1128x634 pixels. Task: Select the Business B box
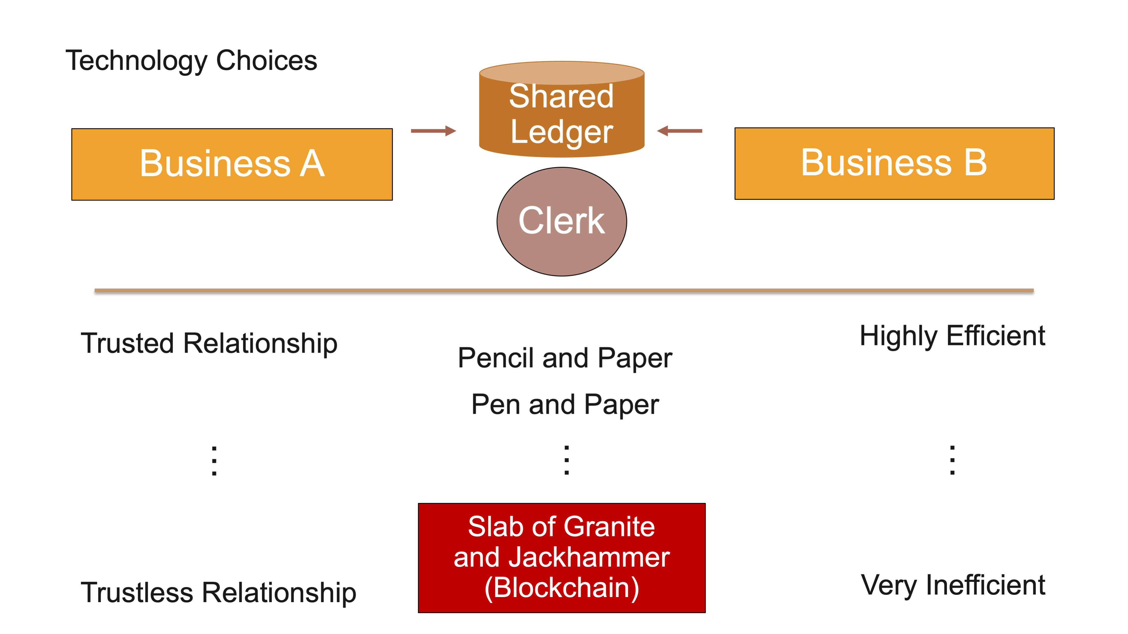(894, 163)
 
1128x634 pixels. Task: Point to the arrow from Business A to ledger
(433, 131)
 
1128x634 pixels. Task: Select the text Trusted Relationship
(209, 343)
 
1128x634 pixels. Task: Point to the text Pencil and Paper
(565, 358)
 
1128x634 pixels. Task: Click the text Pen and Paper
(565, 405)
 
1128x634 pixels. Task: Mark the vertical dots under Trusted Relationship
(214, 461)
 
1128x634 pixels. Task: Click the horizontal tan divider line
(564, 290)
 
